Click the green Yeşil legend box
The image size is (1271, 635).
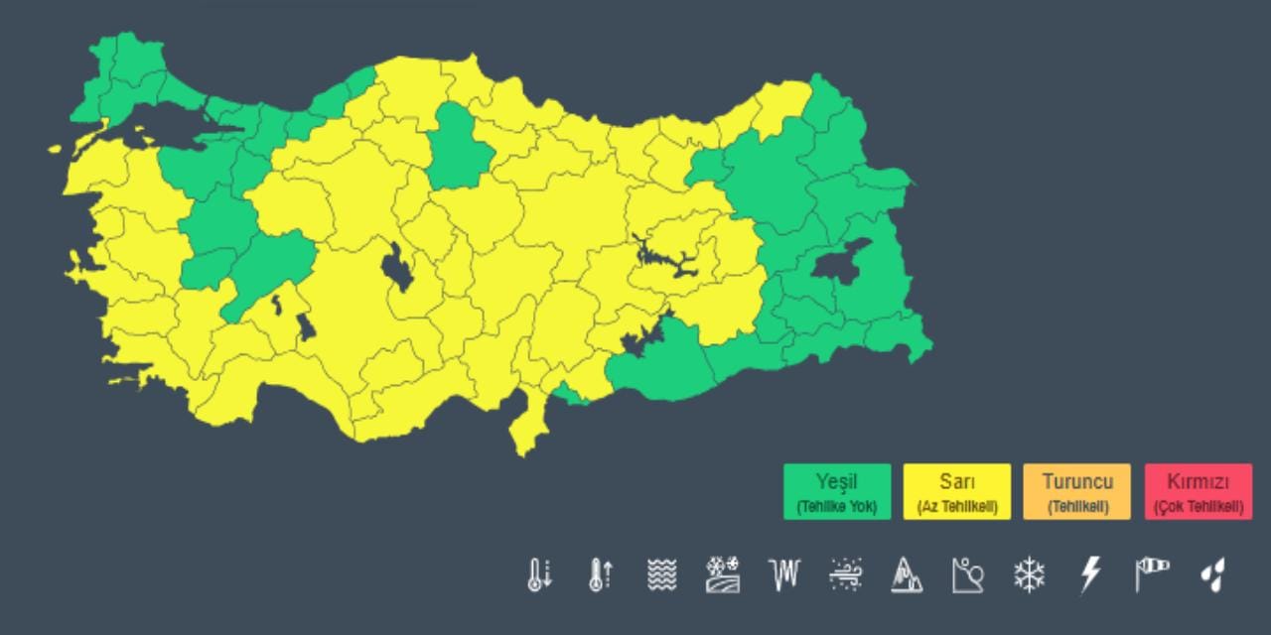tap(837, 492)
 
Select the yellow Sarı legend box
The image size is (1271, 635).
tap(957, 492)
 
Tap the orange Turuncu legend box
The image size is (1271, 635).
tap(1077, 492)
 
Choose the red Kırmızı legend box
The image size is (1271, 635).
tap(1199, 492)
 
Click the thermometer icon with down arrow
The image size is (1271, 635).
tap(539, 574)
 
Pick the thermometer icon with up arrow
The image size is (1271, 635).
tap(600, 574)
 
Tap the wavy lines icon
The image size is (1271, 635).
tap(661, 574)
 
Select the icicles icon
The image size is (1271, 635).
tap(783, 573)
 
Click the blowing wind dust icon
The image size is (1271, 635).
tap(845, 574)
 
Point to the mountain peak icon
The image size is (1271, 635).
tap(906, 574)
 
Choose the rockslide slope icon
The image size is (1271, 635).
tap(967, 574)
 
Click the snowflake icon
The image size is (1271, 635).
tap(1029, 574)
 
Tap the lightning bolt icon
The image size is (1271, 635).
tap(1090, 574)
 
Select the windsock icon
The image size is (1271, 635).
tap(1152, 573)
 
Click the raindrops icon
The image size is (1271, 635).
tap(1212, 574)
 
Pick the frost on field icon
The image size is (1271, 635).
tap(723, 574)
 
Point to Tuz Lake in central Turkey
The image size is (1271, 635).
tap(397, 268)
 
